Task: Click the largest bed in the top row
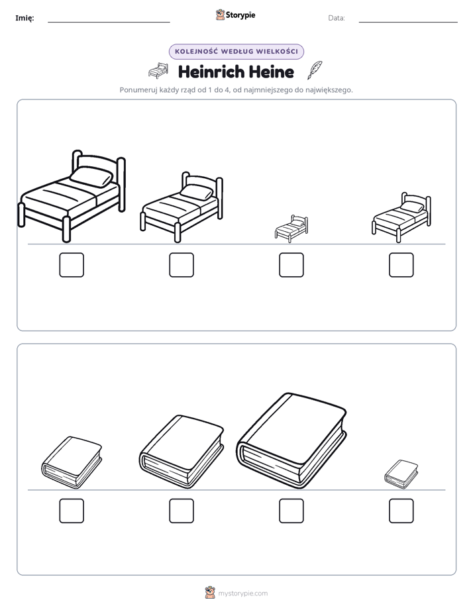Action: click(72, 196)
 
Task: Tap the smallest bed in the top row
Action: click(291, 229)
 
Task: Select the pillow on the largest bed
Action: click(91, 176)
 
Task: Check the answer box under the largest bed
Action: click(72, 265)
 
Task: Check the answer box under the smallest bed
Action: click(291, 265)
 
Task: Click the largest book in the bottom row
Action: click(291, 440)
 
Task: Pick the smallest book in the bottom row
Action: click(401, 474)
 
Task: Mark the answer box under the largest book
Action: click(291, 511)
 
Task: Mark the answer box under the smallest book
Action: click(401, 511)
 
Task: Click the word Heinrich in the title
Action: click(211, 72)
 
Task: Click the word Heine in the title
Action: click(271, 72)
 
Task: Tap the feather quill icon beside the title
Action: click(315, 70)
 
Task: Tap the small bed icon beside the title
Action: click(158, 70)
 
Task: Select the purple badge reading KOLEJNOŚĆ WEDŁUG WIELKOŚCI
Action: click(236, 52)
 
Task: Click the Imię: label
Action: click(25, 18)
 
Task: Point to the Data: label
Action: click(337, 18)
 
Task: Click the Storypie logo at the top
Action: click(235, 15)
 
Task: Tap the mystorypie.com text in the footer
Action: click(242, 593)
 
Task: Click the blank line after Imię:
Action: click(109, 23)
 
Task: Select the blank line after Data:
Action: click(408, 23)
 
